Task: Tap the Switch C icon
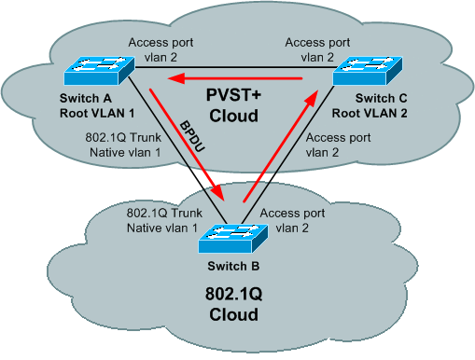371,70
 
